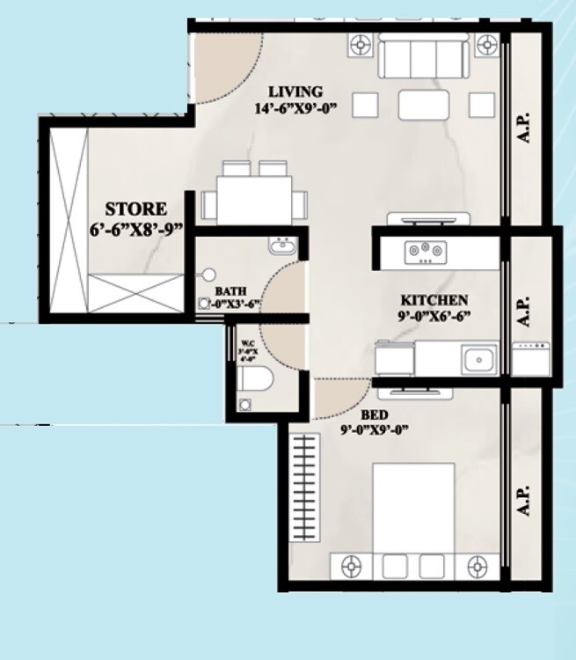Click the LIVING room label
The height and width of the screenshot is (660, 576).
point(295,92)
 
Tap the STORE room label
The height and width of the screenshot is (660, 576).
point(135,209)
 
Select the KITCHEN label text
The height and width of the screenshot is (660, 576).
point(434,300)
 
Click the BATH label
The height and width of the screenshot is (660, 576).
point(231,291)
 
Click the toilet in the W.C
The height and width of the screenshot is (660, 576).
point(254,379)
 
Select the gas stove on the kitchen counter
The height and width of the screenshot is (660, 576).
point(425,252)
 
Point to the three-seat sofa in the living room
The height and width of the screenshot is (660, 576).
point(423,58)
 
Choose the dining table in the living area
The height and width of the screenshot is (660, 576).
point(255,200)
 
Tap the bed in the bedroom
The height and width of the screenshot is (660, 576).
point(413,510)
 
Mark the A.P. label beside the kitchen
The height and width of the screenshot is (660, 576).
point(525,310)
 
